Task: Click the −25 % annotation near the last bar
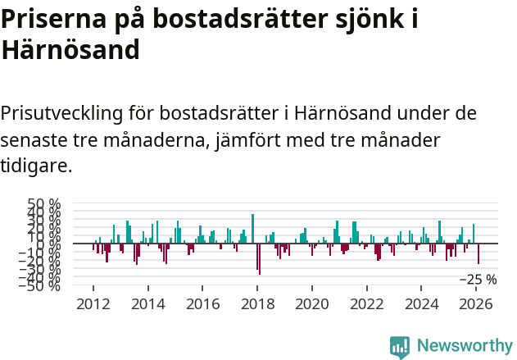478,280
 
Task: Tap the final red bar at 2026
478,253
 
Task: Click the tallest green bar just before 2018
252,229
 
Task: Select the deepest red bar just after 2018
259,259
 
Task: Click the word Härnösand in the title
70,51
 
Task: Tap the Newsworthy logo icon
400,347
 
